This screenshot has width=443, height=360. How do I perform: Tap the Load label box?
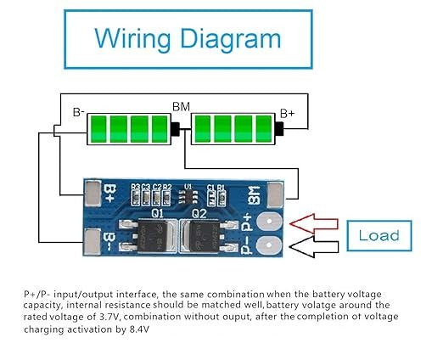tap(379, 234)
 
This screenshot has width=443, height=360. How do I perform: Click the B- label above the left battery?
tap(78, 111)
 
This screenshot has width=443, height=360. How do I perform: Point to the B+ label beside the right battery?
tap(289, 111)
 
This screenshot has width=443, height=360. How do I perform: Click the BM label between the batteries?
tap(181, 107)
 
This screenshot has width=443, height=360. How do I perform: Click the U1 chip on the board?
tap(188, 198)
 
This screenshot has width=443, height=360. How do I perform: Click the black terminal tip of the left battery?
tap(175, 129)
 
